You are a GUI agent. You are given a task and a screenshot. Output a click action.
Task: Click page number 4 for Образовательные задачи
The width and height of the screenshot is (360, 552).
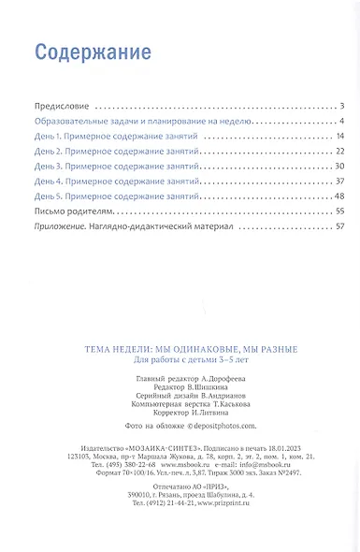[x=343, y=122]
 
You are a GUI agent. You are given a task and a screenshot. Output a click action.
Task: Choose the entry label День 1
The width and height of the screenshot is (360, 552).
[x=48, y=137]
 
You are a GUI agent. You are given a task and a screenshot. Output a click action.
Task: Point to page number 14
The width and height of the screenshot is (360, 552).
[x=340, y=137]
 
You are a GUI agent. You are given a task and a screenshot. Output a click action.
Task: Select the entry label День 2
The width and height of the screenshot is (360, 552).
[x=48, y=152]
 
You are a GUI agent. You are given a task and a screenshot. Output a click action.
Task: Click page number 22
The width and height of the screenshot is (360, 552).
[x=340, y=152]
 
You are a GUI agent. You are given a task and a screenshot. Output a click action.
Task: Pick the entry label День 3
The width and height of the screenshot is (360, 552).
[x=48, y=166]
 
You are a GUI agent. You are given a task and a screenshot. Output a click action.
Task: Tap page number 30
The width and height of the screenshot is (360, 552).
[x=340, y=166]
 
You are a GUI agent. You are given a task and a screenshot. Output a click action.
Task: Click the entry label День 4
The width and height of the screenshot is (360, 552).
[x=48, y=181]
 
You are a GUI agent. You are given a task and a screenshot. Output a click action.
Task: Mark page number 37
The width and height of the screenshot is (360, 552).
[x=340, y=181]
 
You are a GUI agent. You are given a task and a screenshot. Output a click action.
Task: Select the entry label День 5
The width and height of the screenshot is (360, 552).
[x=48, y=195]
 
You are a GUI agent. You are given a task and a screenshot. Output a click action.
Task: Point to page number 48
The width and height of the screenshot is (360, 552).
[x=340, y=195]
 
